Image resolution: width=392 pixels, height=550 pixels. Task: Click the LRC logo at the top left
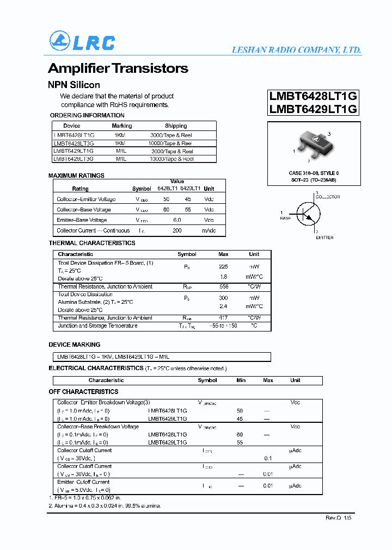(82, 42)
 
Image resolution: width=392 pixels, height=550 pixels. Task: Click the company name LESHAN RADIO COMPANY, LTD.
(296, 50)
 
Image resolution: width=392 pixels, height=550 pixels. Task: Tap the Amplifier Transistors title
(118, 68)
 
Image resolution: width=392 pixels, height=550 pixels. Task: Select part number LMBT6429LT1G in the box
(313, 109)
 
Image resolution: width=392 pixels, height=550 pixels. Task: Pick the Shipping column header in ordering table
(176, 126)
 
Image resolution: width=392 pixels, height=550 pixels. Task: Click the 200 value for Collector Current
(177, 231)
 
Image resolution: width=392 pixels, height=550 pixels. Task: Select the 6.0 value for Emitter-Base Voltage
(177, 220)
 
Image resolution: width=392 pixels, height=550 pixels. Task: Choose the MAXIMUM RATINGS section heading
(76, 176)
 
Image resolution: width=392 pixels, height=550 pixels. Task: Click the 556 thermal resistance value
(223, 286)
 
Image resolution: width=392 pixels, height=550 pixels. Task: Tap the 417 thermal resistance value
(223, 318)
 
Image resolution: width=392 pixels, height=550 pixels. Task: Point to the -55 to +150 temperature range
(224, 326)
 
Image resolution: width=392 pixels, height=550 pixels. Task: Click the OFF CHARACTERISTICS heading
(83, 392)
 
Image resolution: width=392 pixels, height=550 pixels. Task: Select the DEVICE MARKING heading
(75, 345)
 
